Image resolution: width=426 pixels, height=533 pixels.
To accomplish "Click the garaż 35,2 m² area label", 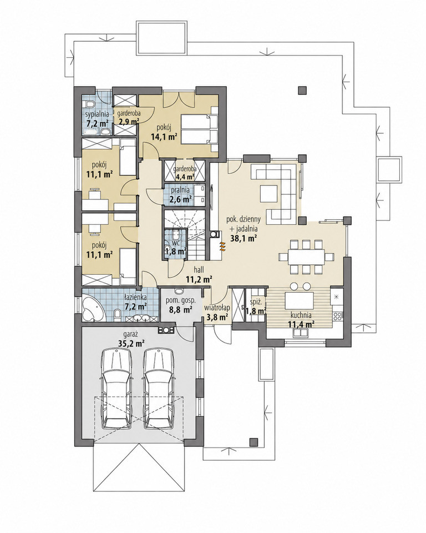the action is point(130,339).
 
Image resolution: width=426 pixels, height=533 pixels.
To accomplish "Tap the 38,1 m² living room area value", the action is point(243,238).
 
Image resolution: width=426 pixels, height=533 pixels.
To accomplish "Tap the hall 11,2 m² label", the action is point(200,275).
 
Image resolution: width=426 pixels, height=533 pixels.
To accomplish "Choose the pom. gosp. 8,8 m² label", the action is point(180,305).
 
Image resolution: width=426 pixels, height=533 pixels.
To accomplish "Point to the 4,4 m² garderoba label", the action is point(183,173).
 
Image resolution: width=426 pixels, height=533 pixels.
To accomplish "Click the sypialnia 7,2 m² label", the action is point(97,118).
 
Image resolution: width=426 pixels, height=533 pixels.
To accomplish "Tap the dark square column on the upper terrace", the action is point(302,90).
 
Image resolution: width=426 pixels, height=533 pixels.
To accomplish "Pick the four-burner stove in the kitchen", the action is point(338,316).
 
